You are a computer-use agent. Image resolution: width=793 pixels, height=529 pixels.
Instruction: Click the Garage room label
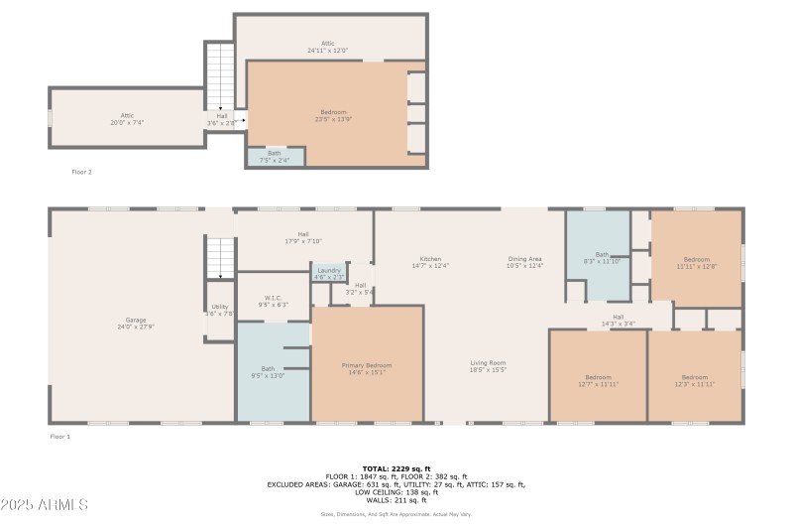coord(136,323)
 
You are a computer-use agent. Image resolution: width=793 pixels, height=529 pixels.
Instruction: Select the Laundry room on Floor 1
coord(328,273)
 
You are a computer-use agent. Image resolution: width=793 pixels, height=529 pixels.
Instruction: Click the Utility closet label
coord(219,310)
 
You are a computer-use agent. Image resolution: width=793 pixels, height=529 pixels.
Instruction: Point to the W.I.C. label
coord(273,301)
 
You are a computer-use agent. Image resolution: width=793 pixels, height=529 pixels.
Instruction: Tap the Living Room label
coord(488,366)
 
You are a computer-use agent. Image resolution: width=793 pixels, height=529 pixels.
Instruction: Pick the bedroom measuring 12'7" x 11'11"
coord(598,379)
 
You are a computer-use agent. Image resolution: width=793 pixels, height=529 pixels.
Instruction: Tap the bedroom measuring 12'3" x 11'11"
coord(694,379)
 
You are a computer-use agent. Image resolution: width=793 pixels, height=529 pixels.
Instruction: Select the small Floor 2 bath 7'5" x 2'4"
coord(274,156)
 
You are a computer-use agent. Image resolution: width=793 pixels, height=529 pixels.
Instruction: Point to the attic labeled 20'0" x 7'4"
coord(127,119)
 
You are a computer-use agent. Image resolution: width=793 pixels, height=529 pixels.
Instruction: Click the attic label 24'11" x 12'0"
coord(327,48)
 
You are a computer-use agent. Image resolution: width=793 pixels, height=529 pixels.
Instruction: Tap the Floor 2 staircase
coord(219,74)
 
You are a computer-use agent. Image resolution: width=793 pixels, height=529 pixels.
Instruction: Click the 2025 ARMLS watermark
coord(45,504)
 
